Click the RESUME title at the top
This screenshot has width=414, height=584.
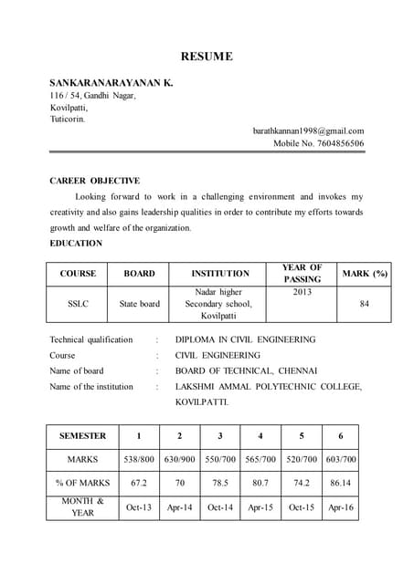click(x=206, y=57)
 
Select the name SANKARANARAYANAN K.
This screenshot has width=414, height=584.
click(x=111, y=82)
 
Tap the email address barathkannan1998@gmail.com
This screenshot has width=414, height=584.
click(x=308, y=130)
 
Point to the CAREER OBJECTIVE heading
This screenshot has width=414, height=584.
click(x=94, y=181)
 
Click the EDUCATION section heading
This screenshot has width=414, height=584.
click(x=76, y=244)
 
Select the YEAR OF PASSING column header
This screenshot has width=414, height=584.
click(x=302, y=273)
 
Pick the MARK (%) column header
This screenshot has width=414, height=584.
click(x=364, y=273)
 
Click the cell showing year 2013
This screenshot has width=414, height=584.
click(x=302, y=292)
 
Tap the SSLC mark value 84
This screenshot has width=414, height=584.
click(x=364, y=304)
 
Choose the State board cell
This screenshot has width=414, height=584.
click(x=139, y=304)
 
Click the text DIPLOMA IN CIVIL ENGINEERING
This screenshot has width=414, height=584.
click(x=245, y=339)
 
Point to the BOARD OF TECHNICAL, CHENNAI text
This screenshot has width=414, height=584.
click(x=246, y=370)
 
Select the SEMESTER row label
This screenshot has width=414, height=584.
click(x=82, y=436)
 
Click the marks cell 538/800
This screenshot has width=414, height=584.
click(x=139, y=460)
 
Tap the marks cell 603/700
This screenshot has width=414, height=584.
click(x=340, y=460)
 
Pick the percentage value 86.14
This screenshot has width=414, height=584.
click(x=340, y=483)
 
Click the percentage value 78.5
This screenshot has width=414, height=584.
click(x=219, y=483)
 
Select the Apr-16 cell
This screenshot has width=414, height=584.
click(x=340, y=507)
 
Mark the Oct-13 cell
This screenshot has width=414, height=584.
click(x=139, y=507)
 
